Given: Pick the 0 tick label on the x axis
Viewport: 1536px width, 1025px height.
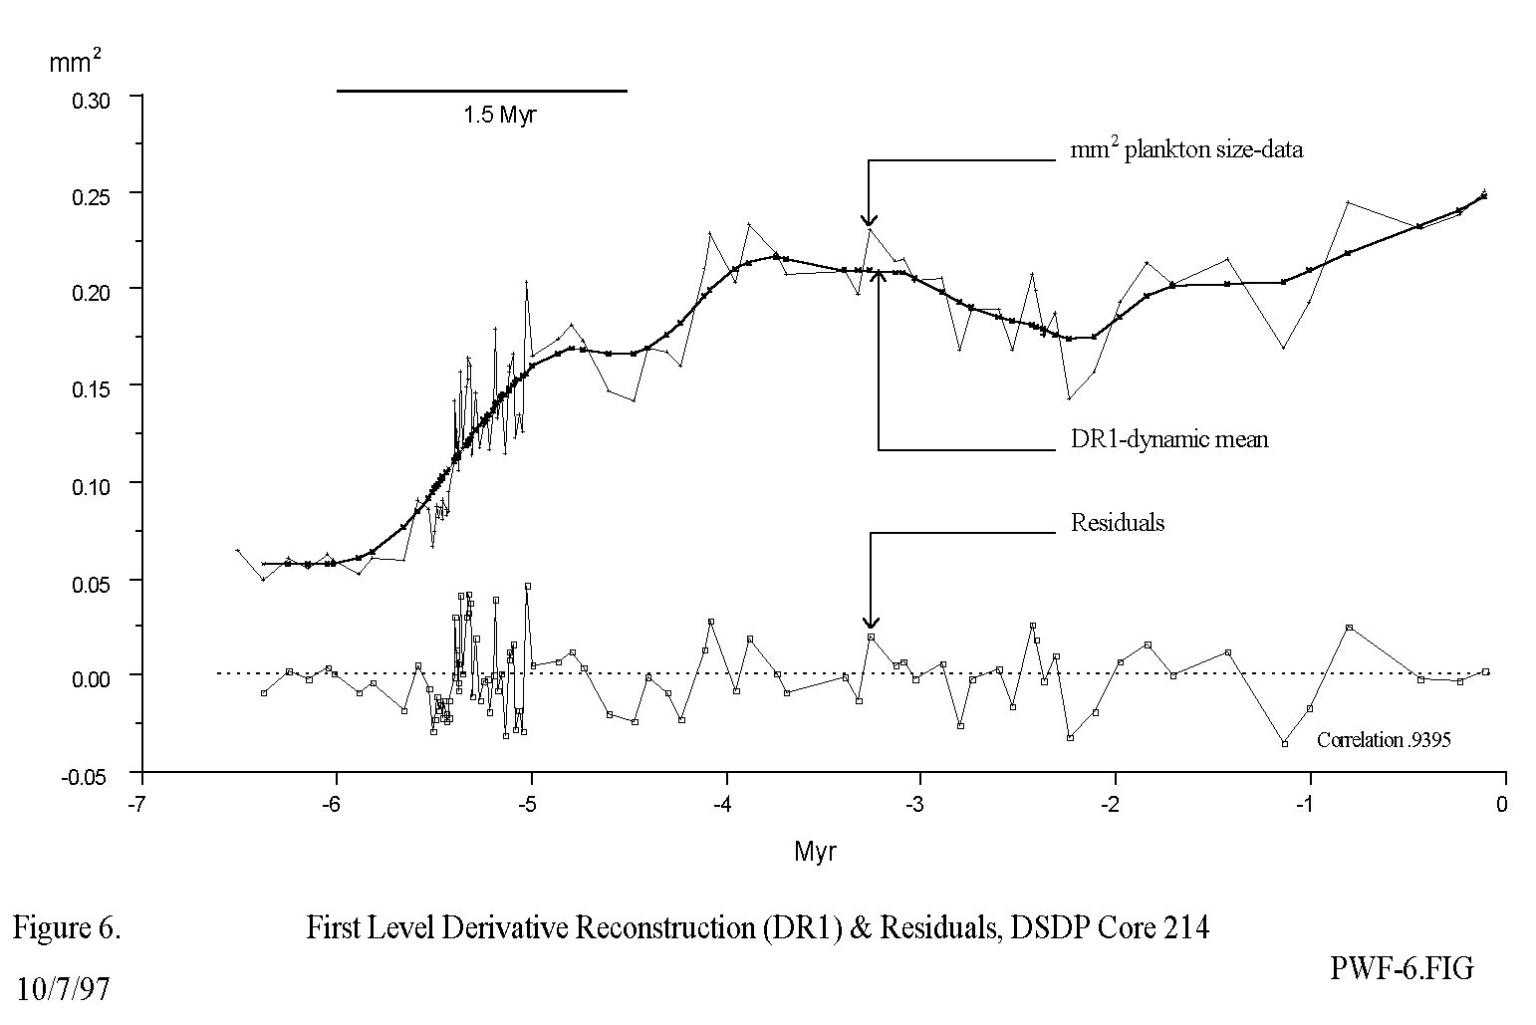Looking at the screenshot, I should [1503, 805].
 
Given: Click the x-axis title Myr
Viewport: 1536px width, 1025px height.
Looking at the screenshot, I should [815, 853].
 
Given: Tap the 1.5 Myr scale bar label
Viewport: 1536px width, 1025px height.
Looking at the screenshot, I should [499, 115].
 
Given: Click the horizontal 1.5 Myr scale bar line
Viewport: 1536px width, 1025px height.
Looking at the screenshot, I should [482, 91].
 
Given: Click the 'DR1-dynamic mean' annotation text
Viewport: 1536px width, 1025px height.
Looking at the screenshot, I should [1169, 438].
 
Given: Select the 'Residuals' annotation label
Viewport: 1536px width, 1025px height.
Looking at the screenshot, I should [1117, 522].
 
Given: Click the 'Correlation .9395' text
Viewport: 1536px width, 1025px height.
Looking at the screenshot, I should [1384, 740].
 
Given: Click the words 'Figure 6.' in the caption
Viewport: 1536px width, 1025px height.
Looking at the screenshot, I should [67, 928].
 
